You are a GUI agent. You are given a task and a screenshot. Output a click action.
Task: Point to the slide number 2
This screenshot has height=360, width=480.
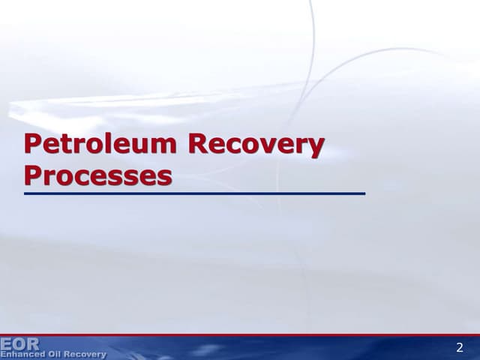pos(460,347)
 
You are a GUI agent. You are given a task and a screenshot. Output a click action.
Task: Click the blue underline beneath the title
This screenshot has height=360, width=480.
pos(194,193)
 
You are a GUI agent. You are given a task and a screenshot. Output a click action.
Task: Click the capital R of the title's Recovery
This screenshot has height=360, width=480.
pos(199,144)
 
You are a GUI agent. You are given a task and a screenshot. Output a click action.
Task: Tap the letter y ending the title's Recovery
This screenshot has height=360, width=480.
pos(316,148)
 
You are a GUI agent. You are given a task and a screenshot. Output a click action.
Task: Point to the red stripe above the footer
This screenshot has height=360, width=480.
pos(240,335)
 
